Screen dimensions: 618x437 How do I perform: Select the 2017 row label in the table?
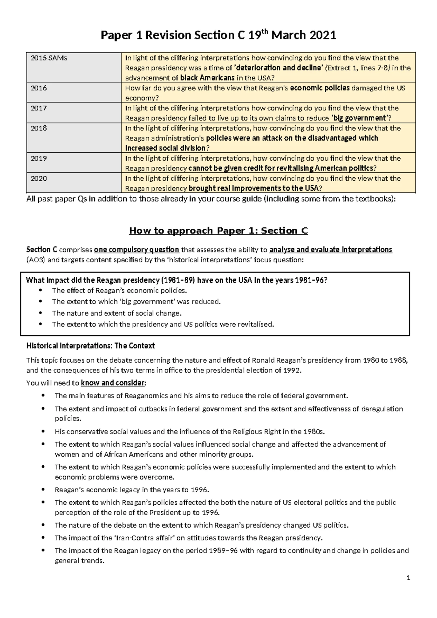click(39, 108)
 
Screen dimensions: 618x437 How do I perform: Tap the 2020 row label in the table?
click(39, 179)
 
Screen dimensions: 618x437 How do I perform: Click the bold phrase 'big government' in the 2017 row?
click(359, 118)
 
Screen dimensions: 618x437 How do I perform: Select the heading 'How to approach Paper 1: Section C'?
click(219, 231)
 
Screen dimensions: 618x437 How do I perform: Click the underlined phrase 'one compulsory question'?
click(137, 250)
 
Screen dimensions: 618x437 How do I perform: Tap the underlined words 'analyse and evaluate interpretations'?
click(331, 250)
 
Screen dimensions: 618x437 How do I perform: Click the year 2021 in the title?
click(323, 35)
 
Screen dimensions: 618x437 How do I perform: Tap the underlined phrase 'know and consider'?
click(113, 383)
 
